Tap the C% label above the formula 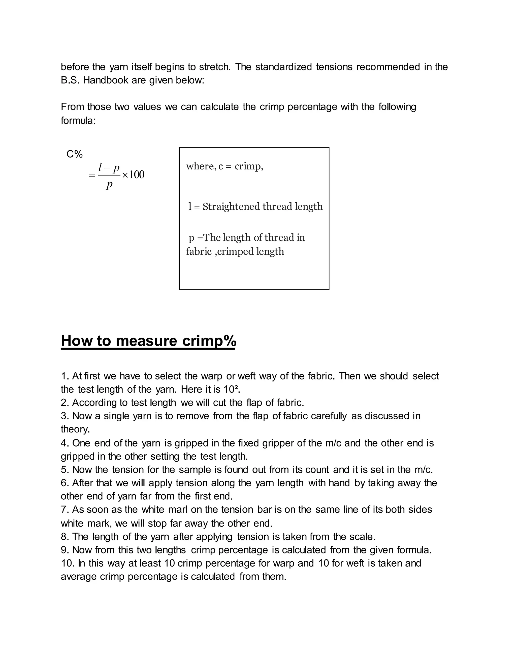(x=75, y=154)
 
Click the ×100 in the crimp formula (x=133, y=175)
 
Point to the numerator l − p (x=109, y=168)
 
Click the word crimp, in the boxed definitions (x=249, y=166)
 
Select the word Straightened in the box (x=231, y=207)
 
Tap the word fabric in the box (x=199, y=252)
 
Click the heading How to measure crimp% (x=148, y=341)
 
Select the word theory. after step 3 (x=75, y=429)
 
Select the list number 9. (x=64, y=550)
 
